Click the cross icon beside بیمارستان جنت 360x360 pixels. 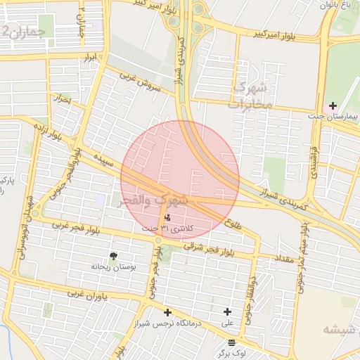333,105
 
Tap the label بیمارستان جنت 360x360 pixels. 333,115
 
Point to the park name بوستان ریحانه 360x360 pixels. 112,266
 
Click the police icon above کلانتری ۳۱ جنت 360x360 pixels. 167,218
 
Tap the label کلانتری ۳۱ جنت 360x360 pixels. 176,228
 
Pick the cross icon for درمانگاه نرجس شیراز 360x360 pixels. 167,312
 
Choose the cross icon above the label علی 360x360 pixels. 227,312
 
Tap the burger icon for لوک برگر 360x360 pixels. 231,342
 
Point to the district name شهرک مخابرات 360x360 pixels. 252,97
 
